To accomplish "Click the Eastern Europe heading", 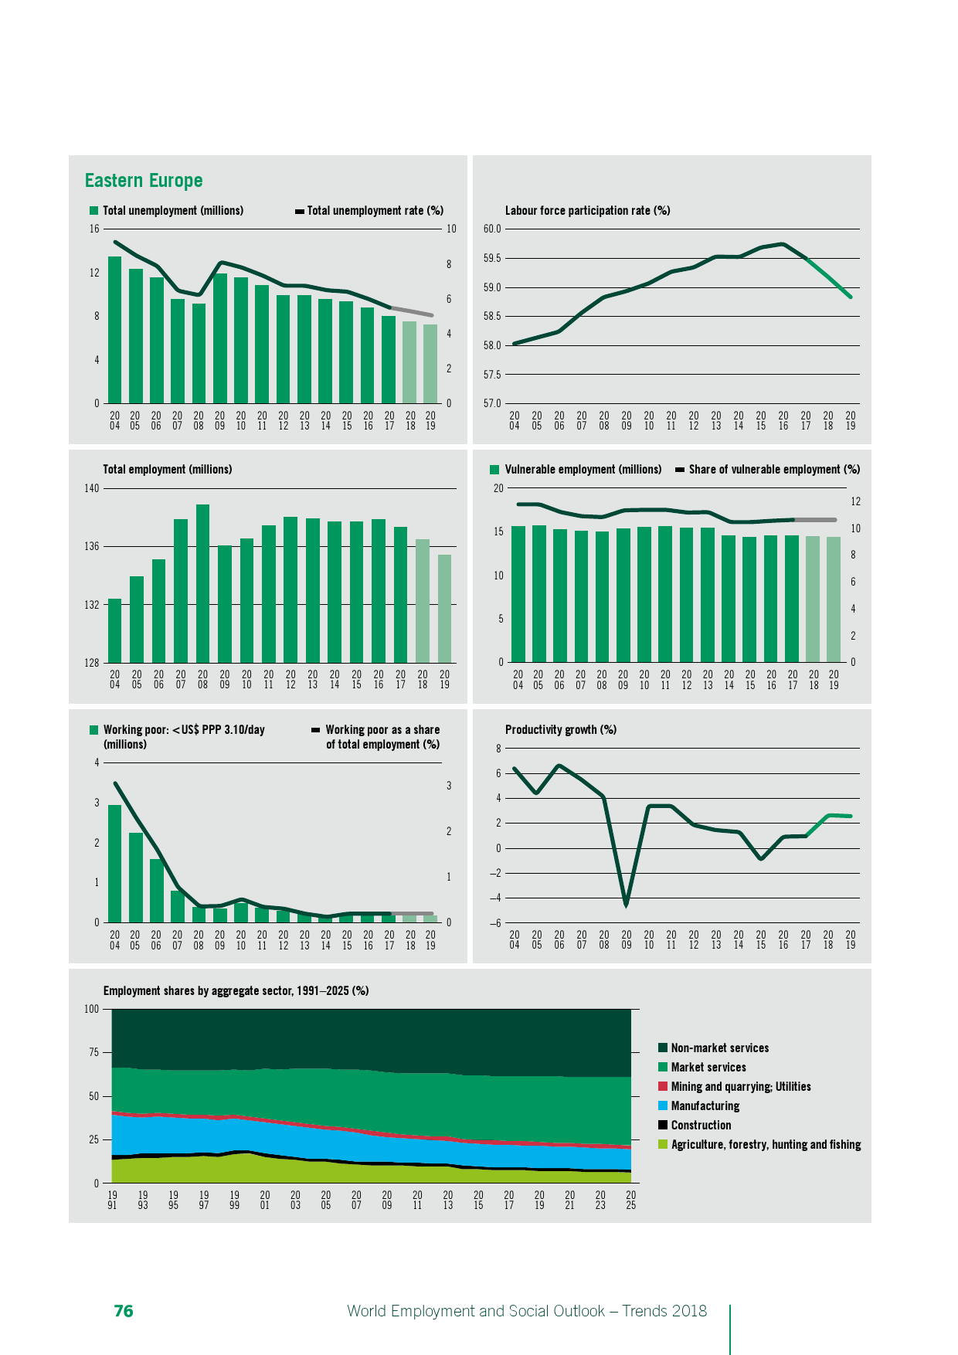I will pos(144,181).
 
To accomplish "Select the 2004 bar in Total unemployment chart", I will pos(114,330).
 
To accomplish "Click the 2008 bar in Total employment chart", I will pos(202,583).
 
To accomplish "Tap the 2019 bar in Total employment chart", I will pos(444,608).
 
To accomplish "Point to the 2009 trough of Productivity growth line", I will pos(626,902).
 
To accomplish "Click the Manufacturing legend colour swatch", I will pos(663,1106).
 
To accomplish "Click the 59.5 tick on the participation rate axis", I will pos(492,258).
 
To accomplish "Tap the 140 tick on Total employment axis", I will pos(92,488).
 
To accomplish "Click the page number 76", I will pos(124,1311).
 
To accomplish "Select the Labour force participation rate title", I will pos(587,211).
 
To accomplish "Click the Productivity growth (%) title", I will pos(560,730).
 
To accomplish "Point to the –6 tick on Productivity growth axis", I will pos(494,923).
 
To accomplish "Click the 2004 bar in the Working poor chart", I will pos(114,864).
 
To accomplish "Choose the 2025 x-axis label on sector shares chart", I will pos(630,1200).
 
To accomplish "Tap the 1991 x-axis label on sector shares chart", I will pos(112,1200).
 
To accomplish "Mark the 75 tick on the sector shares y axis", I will pos(93,1052).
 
